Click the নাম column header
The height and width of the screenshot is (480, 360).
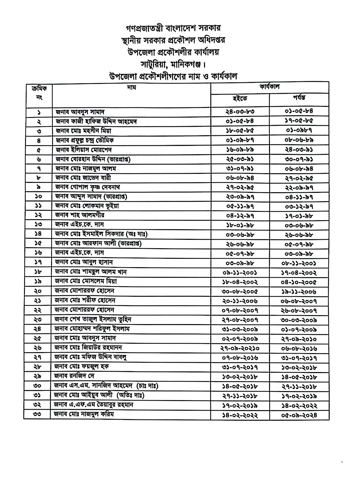tap(132, 88)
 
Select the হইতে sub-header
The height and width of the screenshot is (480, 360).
tap(240, 99)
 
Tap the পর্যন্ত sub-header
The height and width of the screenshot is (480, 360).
tap(299, 98)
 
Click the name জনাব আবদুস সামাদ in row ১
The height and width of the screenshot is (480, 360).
tap(80, 112)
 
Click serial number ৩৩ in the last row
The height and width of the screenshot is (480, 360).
tap(37, 415)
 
